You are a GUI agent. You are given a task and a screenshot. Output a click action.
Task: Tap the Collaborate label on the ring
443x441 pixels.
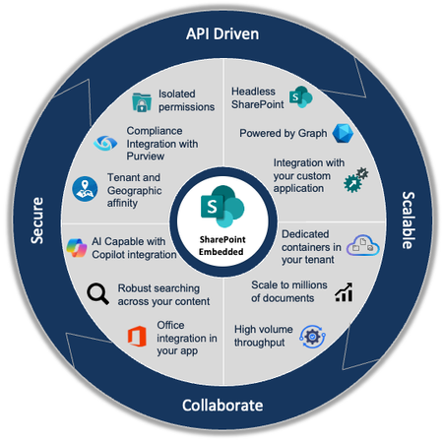coord(222,405)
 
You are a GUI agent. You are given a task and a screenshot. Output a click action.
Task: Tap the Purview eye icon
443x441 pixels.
coord(103,143)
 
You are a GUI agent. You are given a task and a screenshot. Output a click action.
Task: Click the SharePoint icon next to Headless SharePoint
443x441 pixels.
coord(301,97)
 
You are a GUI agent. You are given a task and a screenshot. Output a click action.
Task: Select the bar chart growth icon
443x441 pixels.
coord(345,292)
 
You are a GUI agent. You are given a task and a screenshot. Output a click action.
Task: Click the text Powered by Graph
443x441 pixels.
coord(284,133)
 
